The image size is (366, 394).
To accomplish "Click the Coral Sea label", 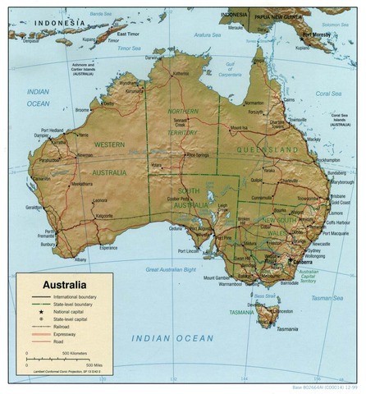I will tap(328, 93).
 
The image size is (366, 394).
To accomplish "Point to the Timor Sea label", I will tap(130, 48).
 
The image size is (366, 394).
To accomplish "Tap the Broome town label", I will tap(82, 110).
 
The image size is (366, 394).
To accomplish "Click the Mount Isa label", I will tap(239, 129).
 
